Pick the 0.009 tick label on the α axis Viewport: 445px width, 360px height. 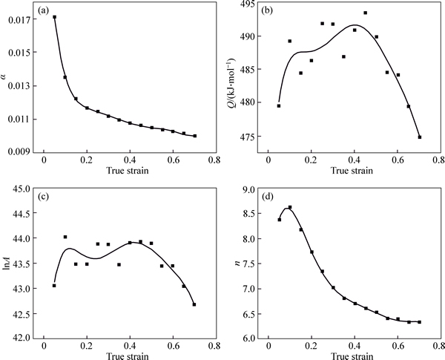[x=18, y=151]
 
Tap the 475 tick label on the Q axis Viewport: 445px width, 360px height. [x=245, y=137]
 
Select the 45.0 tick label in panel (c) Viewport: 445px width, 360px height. [x=21, y=188]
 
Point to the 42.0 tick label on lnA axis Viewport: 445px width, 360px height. [x=21, y=338]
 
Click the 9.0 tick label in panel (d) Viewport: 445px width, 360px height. [x=248, y=188]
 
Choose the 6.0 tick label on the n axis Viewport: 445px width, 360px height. [x=248, y=338]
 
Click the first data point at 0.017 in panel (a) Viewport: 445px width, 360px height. [x=54, y=17]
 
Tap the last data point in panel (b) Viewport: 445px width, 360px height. [x=419, y=137]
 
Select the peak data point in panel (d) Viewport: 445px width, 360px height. [x=290, y=208]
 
